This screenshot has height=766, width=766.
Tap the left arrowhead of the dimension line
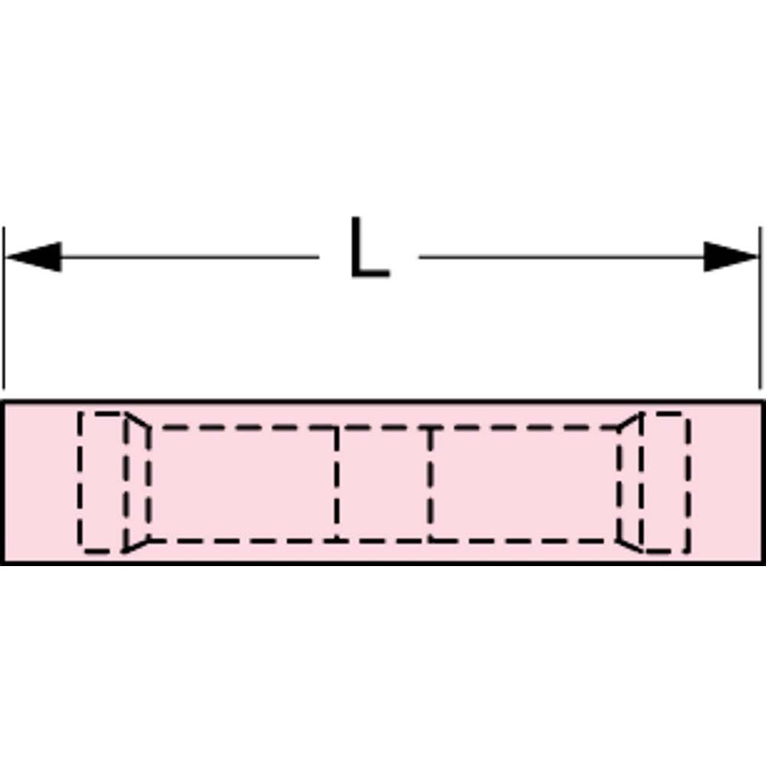(x=33, y=257)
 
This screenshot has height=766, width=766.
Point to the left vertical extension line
(x=4, y=308)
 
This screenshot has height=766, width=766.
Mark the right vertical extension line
(x=760, y=308)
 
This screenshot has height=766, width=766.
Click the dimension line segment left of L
(x=190, y=257)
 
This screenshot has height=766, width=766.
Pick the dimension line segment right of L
(x=561, y=257)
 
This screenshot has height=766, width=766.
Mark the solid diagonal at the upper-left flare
(x=137, y=421)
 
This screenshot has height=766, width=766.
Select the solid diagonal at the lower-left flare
(x=136, y=546)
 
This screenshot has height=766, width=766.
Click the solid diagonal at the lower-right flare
(x=630, y=545)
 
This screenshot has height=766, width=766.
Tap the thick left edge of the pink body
(x=3, y=483)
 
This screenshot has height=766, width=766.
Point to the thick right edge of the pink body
(x=763, y=483)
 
